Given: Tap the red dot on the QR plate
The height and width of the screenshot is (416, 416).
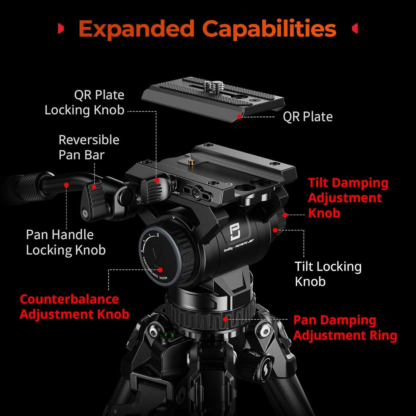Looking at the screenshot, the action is click(239, 116).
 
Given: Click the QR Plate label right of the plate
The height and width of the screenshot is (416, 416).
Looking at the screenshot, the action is click(307, 116).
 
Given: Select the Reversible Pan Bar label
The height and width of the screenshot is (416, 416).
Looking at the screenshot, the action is click(89, 147).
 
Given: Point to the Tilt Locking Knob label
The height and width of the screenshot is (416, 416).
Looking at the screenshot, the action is click(328, 274).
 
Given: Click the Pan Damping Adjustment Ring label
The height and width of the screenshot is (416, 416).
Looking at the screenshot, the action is click(345, 328).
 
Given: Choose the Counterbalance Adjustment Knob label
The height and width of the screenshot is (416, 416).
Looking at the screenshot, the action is click(74, 307).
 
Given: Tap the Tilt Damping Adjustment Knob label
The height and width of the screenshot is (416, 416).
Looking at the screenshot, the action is click(348, 198).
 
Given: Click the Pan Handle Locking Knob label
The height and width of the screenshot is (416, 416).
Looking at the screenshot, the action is click(66, 242).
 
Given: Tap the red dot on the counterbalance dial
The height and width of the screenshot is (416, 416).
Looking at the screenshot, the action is click(160, 270).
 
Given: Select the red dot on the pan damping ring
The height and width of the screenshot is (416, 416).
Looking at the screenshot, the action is click(225, 319).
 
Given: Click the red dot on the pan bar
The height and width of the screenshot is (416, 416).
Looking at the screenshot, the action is click(66, 185).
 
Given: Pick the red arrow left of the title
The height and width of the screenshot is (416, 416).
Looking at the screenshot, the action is click(61, 29).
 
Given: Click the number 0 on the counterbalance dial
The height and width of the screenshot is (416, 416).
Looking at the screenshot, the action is click(158, 235).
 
